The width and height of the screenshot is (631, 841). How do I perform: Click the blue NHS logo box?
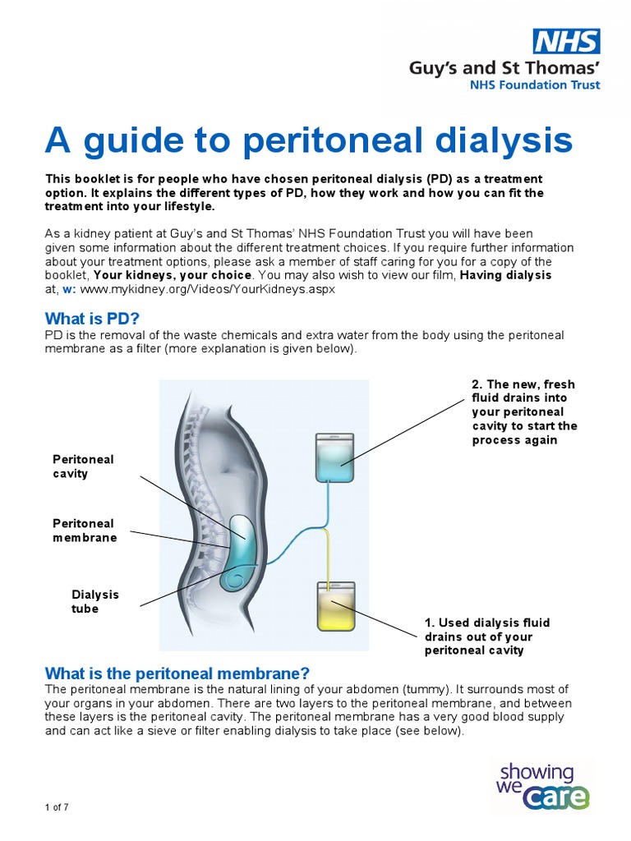tap(567, 41)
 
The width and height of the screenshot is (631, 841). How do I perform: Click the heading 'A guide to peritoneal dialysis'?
tap(308, 140)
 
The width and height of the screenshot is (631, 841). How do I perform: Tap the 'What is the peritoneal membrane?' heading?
tap(177, 673)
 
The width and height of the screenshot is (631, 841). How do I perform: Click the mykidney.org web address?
tap(208, 290)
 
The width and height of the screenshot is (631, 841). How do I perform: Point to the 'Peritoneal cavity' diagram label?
tap(83, 466)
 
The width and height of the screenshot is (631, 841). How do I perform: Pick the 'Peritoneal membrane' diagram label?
tap(85, 531)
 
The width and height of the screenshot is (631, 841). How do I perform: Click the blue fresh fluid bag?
tap(334, 459)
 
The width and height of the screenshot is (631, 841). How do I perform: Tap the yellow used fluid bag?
tap(335, 606)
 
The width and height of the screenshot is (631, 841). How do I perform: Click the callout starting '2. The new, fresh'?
tap(524, 411)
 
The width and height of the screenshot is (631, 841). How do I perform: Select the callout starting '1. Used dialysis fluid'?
tap(487, 636)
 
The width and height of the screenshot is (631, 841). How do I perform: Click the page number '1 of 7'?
tap(57, 807)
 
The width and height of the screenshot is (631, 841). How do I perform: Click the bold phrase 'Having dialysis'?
tap(505, 275)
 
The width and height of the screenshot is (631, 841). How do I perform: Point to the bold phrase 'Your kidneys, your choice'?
tap(174, 275)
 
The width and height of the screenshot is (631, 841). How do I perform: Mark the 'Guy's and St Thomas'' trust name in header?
tap(504, 67)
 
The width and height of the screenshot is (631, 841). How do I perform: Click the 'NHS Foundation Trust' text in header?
tap(534, 85)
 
